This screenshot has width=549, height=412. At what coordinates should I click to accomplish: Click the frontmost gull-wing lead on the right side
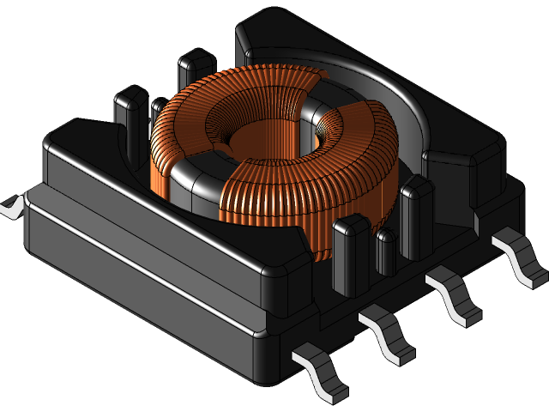coord(322,373)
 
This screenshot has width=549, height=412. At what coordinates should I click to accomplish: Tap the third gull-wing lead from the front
coord(455,296)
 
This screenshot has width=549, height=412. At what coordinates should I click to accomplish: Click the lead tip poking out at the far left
coord(11,206)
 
